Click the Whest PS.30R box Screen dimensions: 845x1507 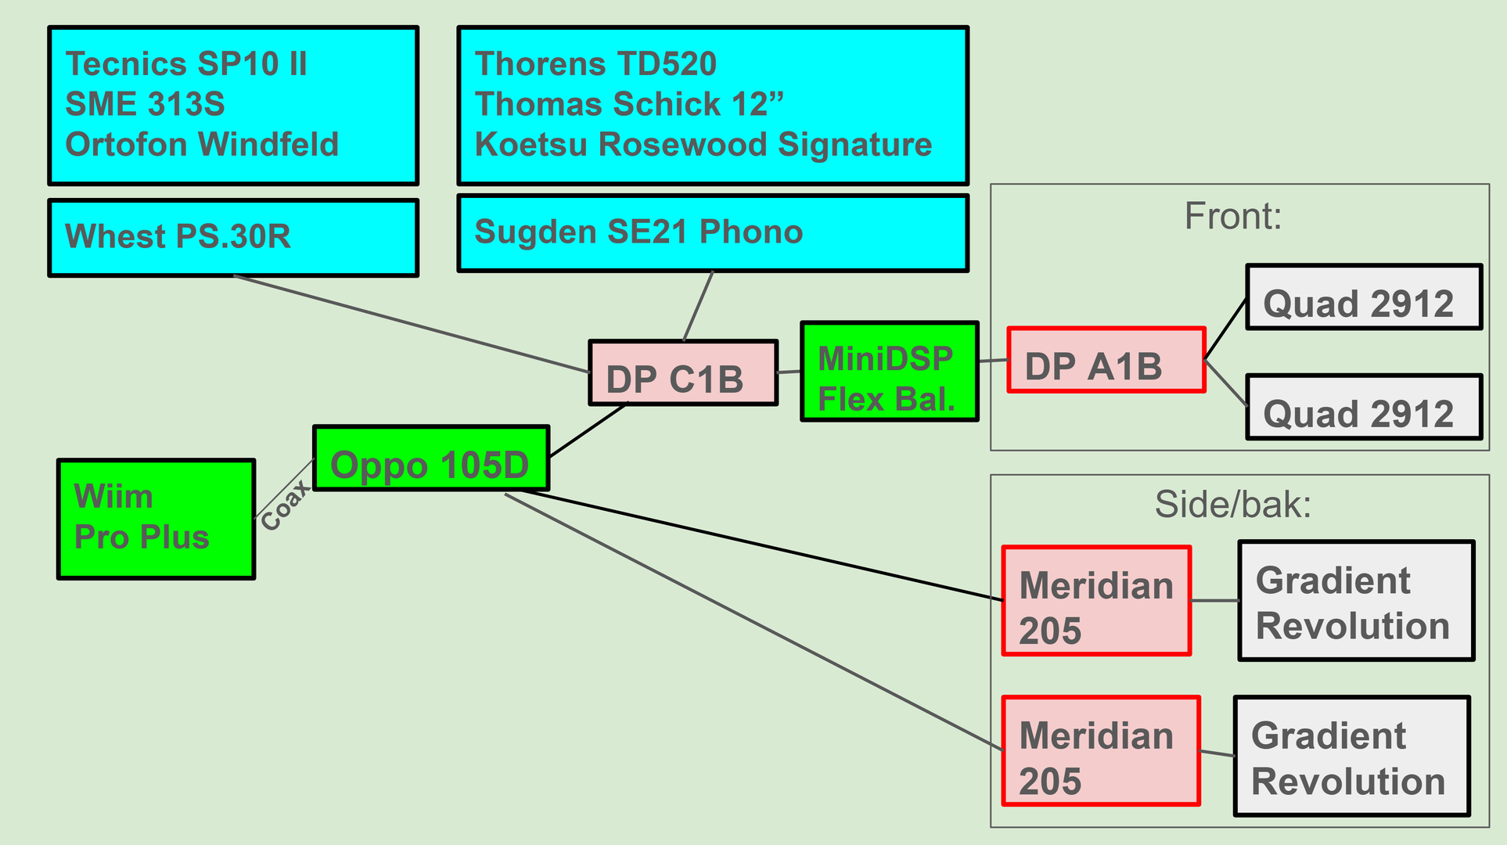tap(233, 238)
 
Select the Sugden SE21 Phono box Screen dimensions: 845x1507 tap(713, 233)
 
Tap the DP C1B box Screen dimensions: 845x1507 tap(683, 373)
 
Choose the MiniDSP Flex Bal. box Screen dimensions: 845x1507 tap(890, 372)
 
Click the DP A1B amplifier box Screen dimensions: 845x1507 tap(1106, 360)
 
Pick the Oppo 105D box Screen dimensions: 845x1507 tap(431, 458)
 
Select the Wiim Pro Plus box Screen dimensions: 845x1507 tap(156, 519)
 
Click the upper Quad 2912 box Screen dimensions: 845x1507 tap(1364, 297)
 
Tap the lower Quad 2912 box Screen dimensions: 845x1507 tap(1364, 408)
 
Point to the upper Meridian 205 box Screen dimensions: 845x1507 tap(1096, 601)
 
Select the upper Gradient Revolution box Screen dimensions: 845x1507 tap(1356, 601)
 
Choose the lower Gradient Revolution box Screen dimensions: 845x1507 tap(1351, 756)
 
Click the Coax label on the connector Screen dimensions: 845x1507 tap(285, 505)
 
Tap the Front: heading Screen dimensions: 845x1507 tap(1233, 216)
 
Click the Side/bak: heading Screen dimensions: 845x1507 tap(1233, 505)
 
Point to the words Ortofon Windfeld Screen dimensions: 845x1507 tap(202, 145)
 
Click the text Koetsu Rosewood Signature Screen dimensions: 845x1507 tap(703, 145)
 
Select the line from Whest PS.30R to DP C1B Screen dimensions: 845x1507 tap(411, 324)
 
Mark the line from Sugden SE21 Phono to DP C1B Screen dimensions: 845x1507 tap(699, 306)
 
